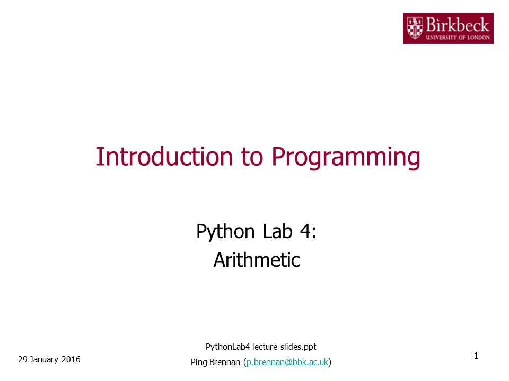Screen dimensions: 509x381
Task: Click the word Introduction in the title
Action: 164,157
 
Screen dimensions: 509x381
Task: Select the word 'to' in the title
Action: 252,157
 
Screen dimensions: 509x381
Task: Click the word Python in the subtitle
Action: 225,232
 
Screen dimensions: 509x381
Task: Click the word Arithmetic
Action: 257,260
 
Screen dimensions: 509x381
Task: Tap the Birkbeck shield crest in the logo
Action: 415,28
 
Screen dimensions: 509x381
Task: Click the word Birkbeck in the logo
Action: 458,25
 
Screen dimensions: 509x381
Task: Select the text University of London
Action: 458,37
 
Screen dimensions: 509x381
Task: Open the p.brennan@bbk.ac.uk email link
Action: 287,362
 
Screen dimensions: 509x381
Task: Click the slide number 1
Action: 476,356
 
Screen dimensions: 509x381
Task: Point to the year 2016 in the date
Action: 71,360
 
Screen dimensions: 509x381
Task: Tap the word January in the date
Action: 44,360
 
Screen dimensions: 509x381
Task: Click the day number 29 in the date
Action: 22,360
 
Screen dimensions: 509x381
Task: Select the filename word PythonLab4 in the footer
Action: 228,347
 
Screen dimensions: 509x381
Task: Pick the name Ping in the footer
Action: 199,362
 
